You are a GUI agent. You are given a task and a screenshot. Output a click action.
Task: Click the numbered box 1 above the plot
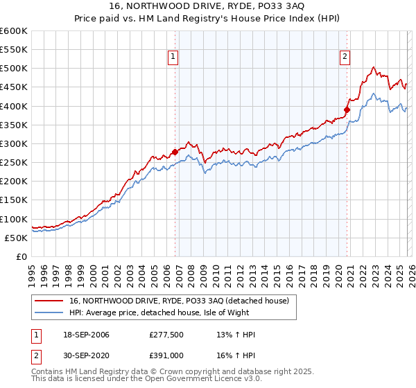[172, 58]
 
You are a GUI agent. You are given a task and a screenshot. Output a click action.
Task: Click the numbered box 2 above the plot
[345, 58]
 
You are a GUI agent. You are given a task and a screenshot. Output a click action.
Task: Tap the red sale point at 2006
[175, 152]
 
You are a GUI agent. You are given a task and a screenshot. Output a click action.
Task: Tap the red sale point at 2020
[347, 109]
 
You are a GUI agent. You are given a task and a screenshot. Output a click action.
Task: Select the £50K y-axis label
[16, 238]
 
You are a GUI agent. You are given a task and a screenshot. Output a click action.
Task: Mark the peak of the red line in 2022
[373, 67]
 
